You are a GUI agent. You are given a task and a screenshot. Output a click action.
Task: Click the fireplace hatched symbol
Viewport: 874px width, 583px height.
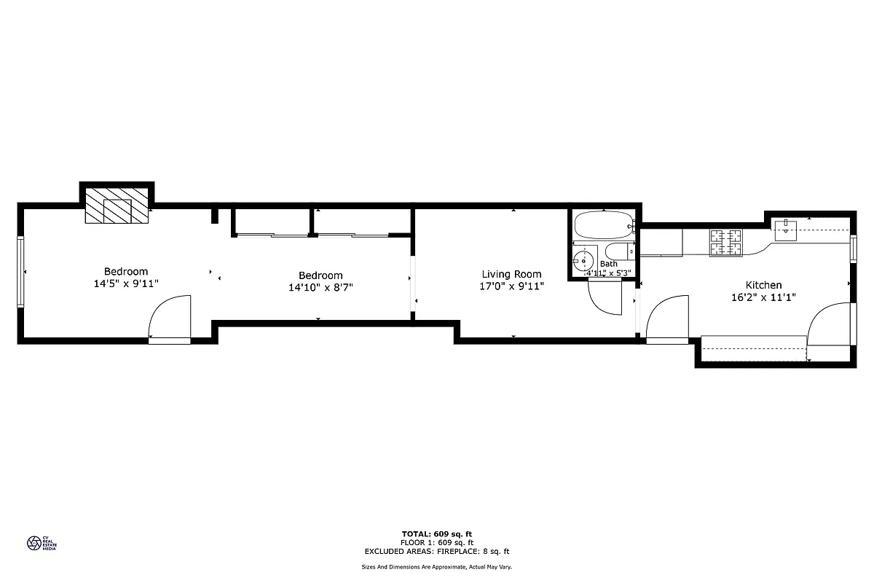click(x=117, y=206)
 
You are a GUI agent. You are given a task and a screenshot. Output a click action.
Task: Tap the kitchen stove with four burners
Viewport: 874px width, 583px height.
click(x=725, y=243)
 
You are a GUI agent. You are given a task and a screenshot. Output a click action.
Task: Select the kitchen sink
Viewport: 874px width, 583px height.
click(x=787, y=231)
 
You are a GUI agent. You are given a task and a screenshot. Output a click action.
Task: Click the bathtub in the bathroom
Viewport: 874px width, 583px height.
click(x=603, y=225)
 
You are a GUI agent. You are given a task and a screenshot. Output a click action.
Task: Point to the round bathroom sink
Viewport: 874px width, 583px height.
click(x=583, y=260)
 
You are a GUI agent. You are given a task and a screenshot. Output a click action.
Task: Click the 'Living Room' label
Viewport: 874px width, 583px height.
click(x=511, y=274)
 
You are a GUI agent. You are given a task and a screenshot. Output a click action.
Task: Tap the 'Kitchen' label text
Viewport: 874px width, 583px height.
click(x=763, y=285)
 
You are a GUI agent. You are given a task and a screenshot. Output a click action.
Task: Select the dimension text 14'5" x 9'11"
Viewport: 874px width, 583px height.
click(x=126, y=284)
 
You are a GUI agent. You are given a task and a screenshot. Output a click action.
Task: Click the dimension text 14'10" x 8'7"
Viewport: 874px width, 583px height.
click(x=320, y=288)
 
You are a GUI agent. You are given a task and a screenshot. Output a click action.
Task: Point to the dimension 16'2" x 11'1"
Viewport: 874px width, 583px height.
click(x=763, y=297)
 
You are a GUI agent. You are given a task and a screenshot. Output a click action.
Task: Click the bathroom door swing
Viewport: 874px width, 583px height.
click(x=605, y=297)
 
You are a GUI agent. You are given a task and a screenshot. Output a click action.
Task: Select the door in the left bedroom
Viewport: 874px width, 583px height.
click(x=170, y=318)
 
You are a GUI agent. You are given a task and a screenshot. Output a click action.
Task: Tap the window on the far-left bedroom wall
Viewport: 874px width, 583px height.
click(x=21, y=272)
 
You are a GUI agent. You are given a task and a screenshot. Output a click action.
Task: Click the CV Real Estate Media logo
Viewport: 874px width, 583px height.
click(x=41, y=543)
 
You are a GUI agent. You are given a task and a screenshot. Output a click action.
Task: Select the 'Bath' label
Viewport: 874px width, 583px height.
click(x=609, y=264)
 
